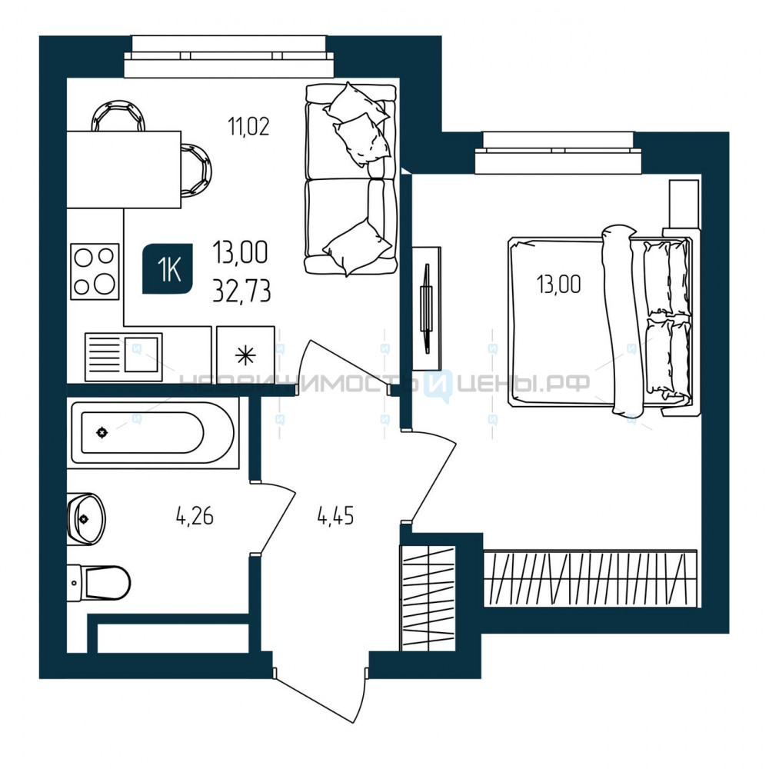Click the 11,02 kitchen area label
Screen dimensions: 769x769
[248, 127]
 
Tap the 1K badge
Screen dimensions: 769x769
[167, 268]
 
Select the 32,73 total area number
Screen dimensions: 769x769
[241, 292]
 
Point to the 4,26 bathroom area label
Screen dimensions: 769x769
[195, 517]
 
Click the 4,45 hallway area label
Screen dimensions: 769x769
[336, 516]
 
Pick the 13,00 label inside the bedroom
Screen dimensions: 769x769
[558, 284]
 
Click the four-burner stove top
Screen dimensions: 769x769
[95, 271]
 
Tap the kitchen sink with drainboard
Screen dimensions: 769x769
[124, 357]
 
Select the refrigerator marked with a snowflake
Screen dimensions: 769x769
[245, 354]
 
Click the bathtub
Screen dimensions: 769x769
[152, 432]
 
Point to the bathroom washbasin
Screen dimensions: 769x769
[86, 519]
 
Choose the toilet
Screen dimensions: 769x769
[98, 582]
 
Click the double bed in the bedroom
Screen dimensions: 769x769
[601, 321]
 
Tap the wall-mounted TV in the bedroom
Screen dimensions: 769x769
[427, 308]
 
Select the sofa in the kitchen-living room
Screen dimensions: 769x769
[351, 178]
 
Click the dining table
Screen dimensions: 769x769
[124, 170]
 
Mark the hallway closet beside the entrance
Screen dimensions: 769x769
[428, 598]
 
